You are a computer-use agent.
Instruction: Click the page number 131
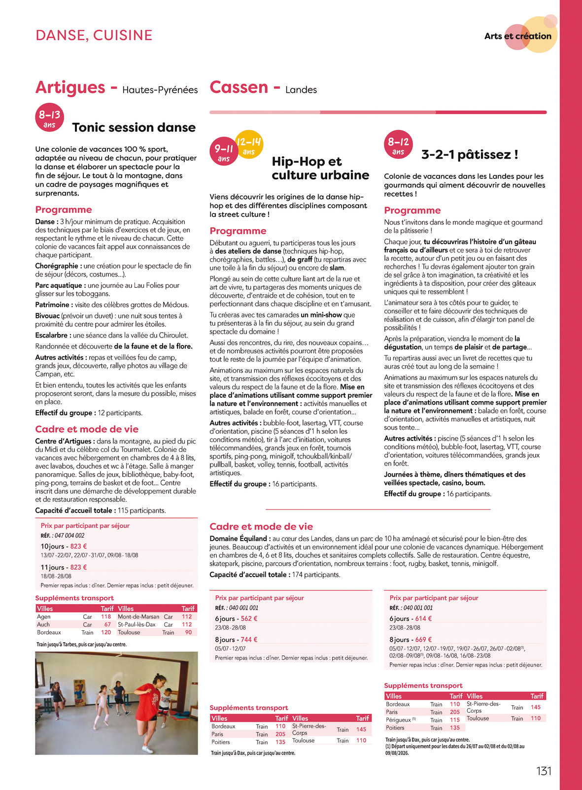click(x=544, y=771)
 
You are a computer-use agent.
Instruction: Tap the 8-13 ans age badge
click(x=49, y=118)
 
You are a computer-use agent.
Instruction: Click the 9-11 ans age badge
click(x=224, y=152)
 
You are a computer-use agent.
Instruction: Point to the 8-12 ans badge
click(x=398, y=145)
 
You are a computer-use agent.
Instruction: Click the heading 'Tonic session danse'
click(x=134, y=128)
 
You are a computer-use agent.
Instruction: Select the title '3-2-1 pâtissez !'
click(x=470, y=155)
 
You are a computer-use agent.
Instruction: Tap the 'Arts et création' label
click(x=517, y=36)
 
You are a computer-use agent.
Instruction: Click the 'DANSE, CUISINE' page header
click(x=94, y=35)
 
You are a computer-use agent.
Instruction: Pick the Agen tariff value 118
click(x=106, y=617)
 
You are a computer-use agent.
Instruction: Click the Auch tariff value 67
click(x=107, y=624)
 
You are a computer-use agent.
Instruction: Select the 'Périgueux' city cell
click(x=398, y=720)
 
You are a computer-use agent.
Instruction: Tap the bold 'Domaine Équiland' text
click(x=240, y=539)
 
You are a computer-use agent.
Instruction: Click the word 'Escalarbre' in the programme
click(x=51, y=336)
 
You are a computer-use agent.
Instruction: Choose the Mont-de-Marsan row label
click(x=138, y=617)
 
